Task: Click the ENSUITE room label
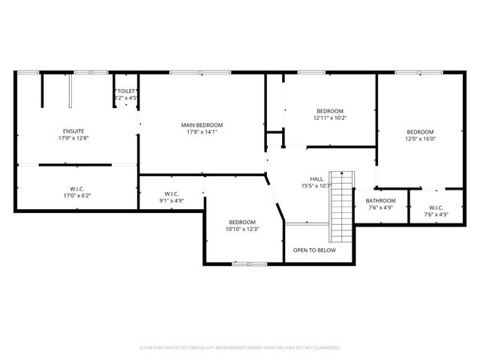[x=73, y=131]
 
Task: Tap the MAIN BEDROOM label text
[x=202, y=124]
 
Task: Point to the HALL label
[x=316, y=178]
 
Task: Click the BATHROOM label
[x=380, y=201]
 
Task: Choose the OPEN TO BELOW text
[x=314, y=250]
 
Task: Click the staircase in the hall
[x=341, y=205]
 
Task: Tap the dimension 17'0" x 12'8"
[x=73, y=139]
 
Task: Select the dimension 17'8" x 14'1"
[x=202, y=132]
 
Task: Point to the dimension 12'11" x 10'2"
[x=330, y=118]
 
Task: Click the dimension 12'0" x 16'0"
[x=421, y=139]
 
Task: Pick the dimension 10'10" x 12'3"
[x=242, y=229]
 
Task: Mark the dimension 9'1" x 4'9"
[x=171, y=201]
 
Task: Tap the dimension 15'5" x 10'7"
[x=317, y=186]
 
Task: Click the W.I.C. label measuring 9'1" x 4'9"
[x=171, y=193]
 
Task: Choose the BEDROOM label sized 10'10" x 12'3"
[x=242, y=222]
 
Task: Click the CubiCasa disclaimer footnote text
[x=240, y=348]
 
